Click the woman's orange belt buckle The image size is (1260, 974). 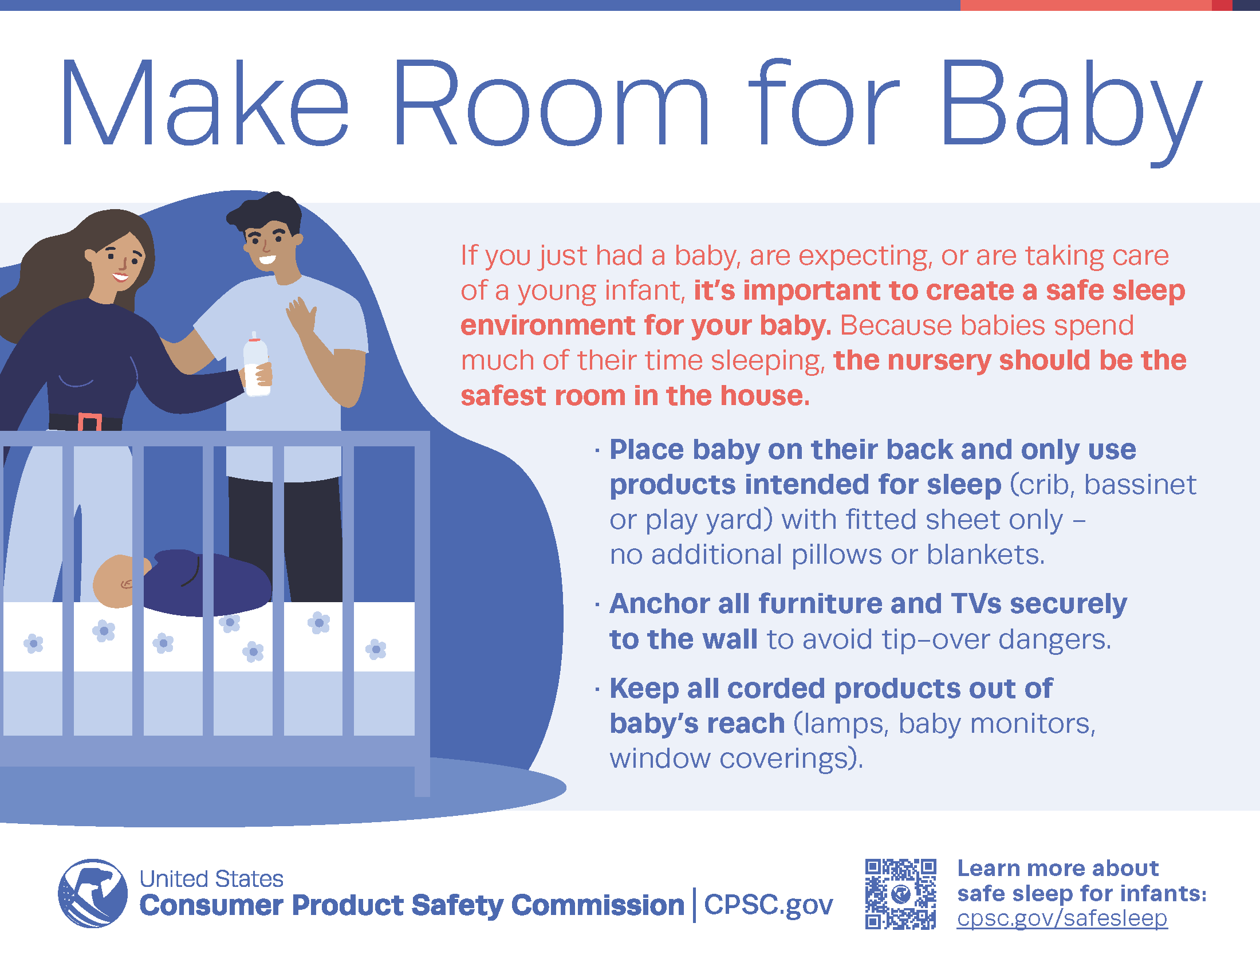tap(89, 422)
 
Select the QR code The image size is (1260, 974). tap(900, 894)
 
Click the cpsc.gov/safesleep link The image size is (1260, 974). tap(1062, 918)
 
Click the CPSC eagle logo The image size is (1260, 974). tap(93, 893)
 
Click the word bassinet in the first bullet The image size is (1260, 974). tap(1140, 485)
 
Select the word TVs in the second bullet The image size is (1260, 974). tap(976, 603)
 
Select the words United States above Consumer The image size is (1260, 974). tap(211, 879)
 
